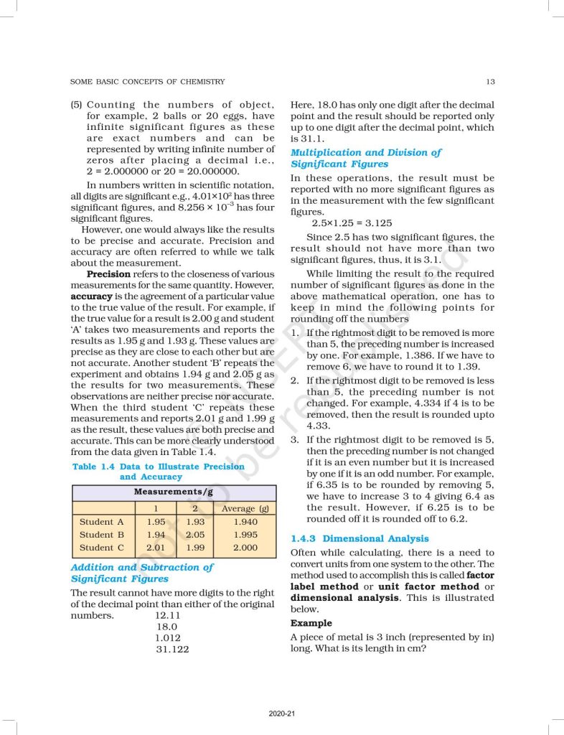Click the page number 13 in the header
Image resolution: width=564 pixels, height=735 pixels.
(489, 82)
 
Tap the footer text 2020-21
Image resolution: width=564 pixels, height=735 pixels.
(282, 713)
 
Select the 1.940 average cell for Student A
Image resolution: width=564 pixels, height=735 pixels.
(245, 522)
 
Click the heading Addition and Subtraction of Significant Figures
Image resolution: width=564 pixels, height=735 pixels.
(142, 573)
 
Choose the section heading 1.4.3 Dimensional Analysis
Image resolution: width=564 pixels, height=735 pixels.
(359, 538)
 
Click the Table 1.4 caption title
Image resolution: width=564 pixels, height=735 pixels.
(159, 472)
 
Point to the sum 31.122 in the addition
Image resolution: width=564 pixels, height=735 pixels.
(173, 650)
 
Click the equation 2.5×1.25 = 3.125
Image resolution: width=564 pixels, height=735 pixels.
(352, 223)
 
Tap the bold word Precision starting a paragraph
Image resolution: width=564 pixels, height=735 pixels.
(108, 274)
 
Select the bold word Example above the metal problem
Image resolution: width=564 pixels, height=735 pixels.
(311, 623)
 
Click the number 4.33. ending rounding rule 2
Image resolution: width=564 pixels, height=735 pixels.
(318, 426)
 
